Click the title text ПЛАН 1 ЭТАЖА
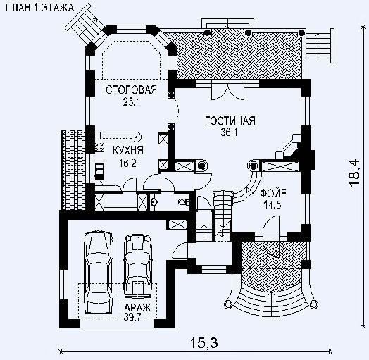(39, 8)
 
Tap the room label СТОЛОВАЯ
(131, 89)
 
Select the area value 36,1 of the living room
(229, 132)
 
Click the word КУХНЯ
(128, 151)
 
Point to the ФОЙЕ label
(273, 194)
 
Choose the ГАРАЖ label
(135, 307)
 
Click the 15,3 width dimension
(204, 342)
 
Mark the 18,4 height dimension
(354, 173)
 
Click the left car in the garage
(99, 272)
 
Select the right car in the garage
(137, 266)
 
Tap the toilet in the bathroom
(184, 202)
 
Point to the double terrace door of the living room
(227, 92)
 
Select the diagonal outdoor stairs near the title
(85, 23)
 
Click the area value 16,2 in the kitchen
(127, 163)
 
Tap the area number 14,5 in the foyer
(273, 205)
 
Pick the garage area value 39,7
(133, 317)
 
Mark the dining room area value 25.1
(132, 101)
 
